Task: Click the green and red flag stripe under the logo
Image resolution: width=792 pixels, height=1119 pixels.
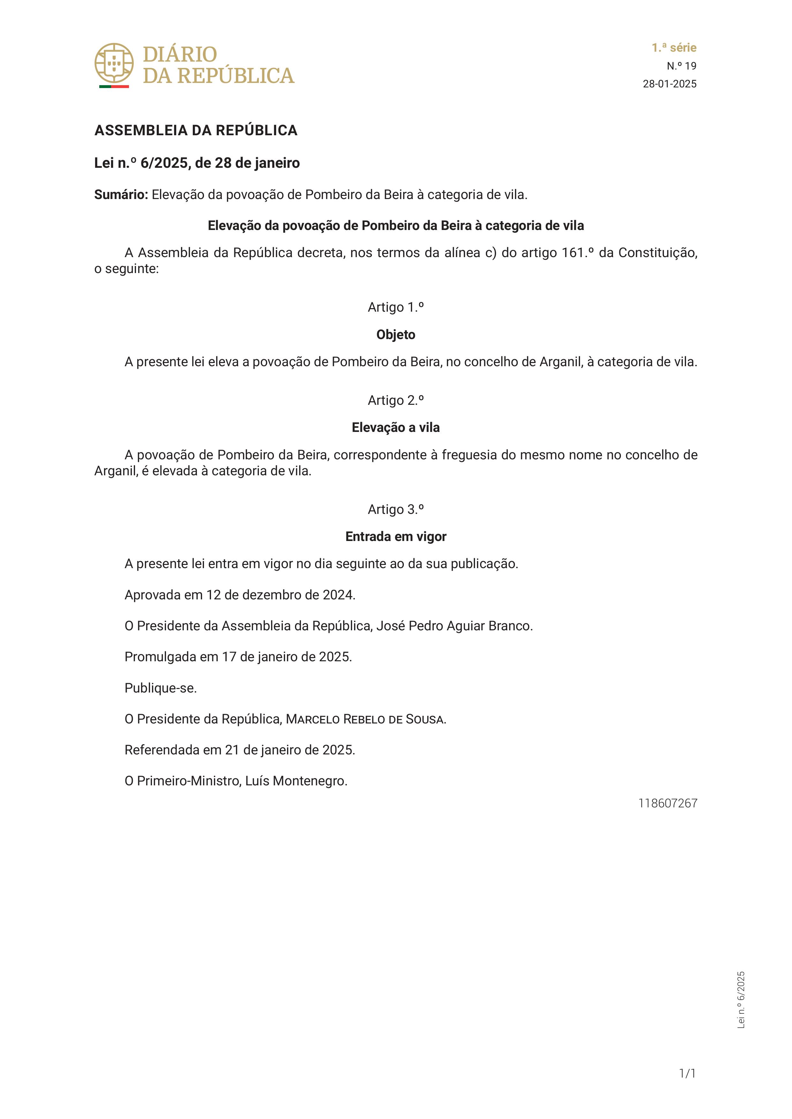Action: [x=114, y=87]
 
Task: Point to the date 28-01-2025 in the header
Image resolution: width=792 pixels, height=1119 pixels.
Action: [x=670, y=84]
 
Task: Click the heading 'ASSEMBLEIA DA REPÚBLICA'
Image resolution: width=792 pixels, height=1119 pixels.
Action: [x=196, y=130]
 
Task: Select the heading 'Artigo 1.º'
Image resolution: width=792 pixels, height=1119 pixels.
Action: [x=396, y=307]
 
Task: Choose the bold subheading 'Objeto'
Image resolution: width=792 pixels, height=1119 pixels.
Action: [x=396, y=335]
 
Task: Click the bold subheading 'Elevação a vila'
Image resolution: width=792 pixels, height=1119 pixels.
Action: [x=396, y=427]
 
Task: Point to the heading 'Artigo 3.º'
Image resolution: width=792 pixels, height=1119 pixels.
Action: [x=396, y=509]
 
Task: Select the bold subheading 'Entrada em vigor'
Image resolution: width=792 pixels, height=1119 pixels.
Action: [x=396, y=537]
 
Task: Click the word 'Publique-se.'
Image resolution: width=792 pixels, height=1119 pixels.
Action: [x=161, y=688]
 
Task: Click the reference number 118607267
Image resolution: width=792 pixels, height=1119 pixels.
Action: [x=668, y=803]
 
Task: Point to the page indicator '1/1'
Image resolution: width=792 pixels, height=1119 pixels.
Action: [x=687, y=1073]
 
